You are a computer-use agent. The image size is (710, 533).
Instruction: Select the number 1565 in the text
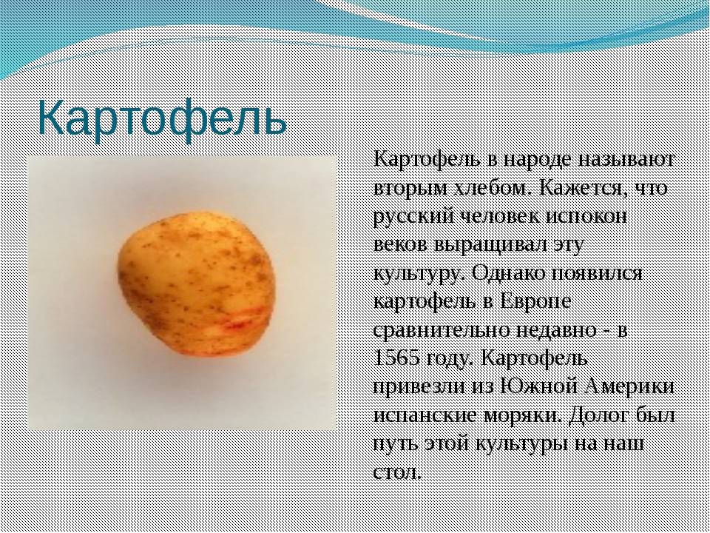click(x=396, y=358)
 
